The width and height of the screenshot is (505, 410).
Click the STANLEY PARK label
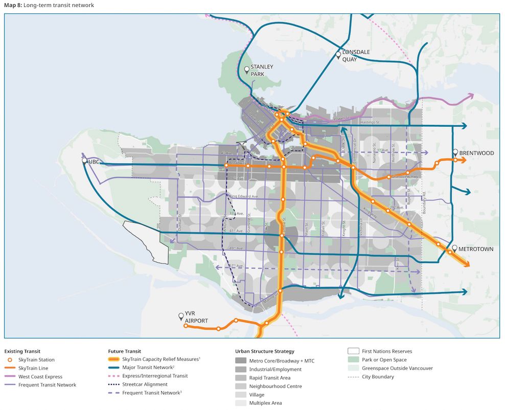click(261, 71)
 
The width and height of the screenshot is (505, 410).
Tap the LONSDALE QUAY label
click(356, 55)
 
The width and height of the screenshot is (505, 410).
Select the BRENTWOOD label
click(476, 153)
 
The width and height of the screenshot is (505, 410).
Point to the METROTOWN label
click(475, 249)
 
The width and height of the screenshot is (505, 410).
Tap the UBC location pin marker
click(84, 161)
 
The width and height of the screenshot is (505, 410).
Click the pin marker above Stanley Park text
click(246, 70)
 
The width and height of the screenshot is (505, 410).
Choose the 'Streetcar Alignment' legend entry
click(145, 384)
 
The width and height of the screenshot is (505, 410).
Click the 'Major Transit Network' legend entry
click(148, 368)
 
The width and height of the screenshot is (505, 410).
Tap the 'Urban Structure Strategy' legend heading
click(265, 351)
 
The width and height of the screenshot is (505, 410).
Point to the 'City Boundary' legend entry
click(378, 377)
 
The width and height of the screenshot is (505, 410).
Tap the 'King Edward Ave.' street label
click(243, 196)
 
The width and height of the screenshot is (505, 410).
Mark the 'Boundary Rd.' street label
click(424, 200)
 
